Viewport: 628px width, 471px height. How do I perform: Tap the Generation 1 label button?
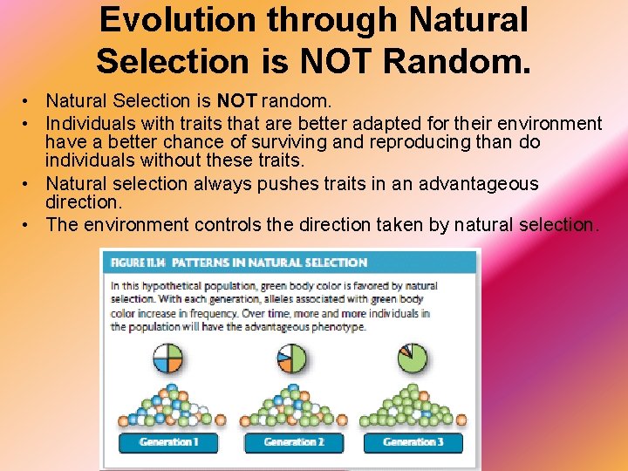coord(169,442)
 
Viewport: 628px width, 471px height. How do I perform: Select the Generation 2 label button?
coord(293,442)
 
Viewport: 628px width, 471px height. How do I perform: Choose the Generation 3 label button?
coord(413,442)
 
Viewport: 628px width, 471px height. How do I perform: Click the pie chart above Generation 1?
coord(167,358)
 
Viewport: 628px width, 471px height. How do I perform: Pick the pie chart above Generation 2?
coord(292,358)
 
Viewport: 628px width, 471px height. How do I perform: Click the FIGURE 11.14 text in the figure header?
coord(135,263)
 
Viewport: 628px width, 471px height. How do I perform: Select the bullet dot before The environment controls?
coord(30,225)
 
